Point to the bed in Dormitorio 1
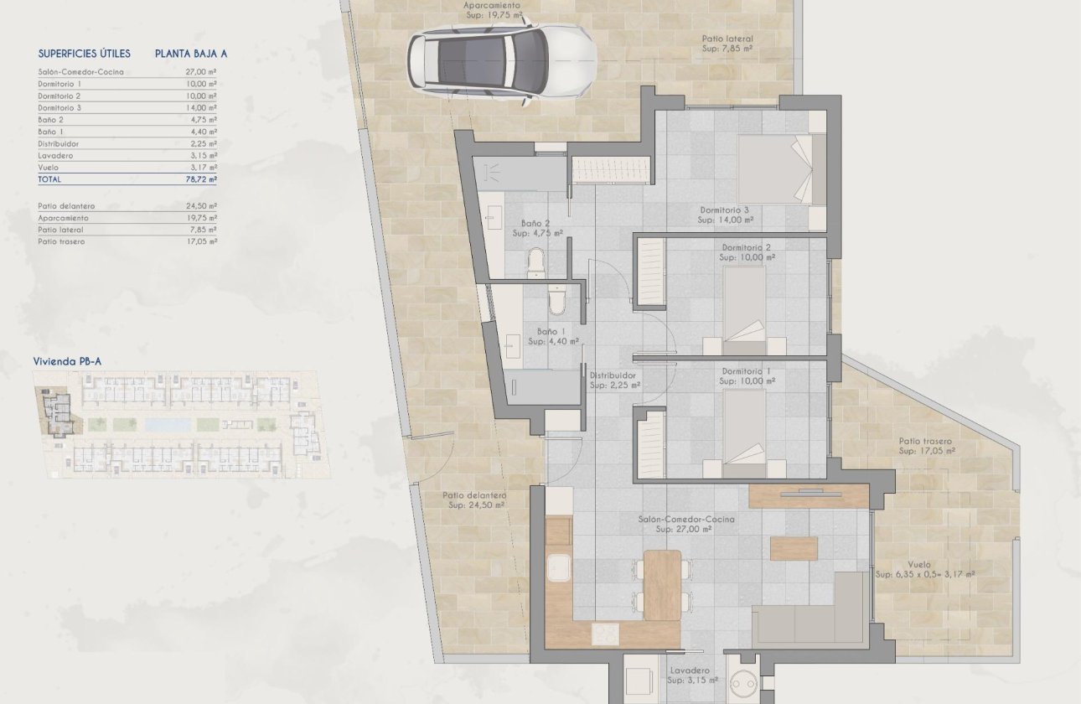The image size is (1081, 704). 744,427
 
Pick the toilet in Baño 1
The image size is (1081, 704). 556,299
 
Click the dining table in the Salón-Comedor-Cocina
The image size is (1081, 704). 662,584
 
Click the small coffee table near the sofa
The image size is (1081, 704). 793,548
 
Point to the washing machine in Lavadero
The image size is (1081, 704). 742,682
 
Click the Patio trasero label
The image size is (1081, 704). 925,442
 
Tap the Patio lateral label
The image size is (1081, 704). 727,39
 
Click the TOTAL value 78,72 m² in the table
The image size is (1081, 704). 201,179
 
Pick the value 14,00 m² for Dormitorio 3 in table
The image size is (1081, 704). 201,108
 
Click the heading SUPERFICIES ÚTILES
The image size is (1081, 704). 85,54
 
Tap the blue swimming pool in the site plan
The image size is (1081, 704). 167,425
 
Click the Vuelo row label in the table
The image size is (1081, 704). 49,168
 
